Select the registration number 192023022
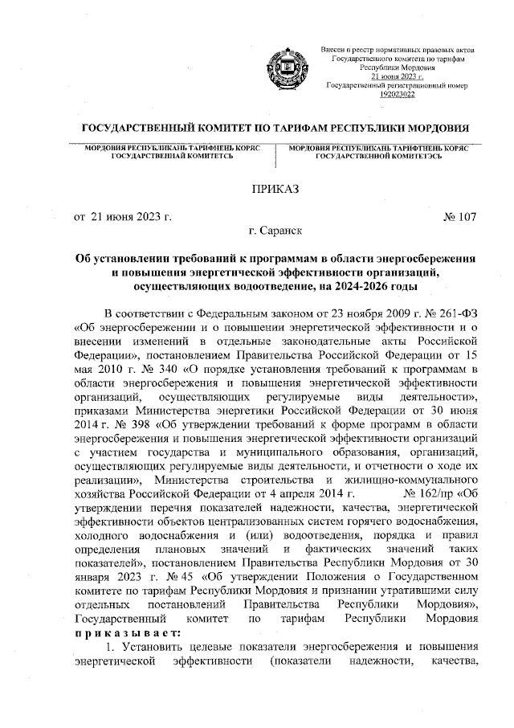click(397, 94)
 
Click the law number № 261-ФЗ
click(447, 314)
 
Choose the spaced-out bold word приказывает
click(128, 632)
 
